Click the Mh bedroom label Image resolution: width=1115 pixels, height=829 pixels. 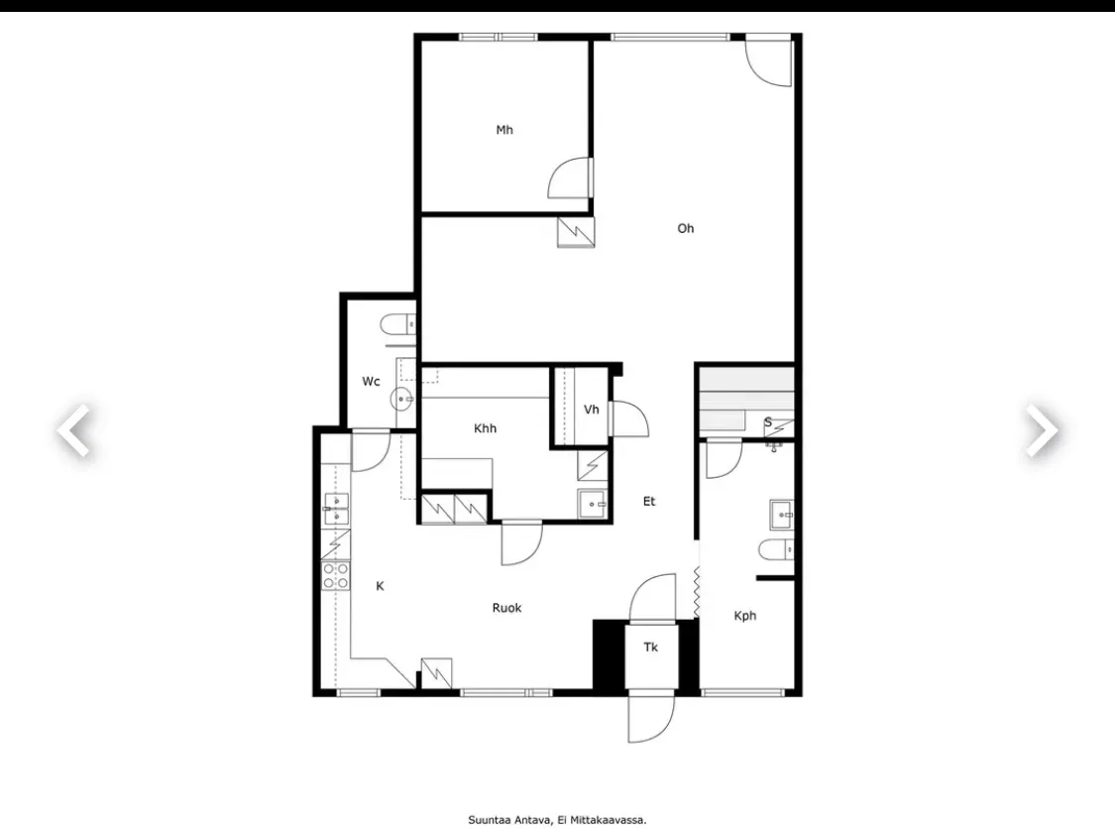(504, 130)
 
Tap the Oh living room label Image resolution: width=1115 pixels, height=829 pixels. (686, 228)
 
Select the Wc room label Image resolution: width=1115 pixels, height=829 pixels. (372, 382)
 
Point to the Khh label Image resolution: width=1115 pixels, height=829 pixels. (485, 428)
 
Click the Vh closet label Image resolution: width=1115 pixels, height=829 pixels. (591, 410)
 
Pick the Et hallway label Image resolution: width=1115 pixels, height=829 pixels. (649, 502)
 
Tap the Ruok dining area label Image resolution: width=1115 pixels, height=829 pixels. (507, 608)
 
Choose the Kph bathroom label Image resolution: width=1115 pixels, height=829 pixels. (745, 616)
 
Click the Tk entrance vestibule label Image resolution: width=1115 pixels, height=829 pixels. (650, 648)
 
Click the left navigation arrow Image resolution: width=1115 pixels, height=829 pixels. (74, 430)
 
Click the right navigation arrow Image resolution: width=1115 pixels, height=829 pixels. (1042, 430)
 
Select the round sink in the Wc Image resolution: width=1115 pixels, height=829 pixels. (401, 400)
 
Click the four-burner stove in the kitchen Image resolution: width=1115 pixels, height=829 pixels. (336, 576)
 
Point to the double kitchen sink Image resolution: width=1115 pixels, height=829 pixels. (336, 509)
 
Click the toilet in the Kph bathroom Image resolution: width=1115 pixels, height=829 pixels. (776, 550)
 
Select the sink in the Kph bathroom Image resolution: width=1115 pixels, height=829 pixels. (782, 515)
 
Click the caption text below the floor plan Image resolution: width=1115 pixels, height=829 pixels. (557, 820)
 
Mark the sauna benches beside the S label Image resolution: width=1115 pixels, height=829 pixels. (746, 401)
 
